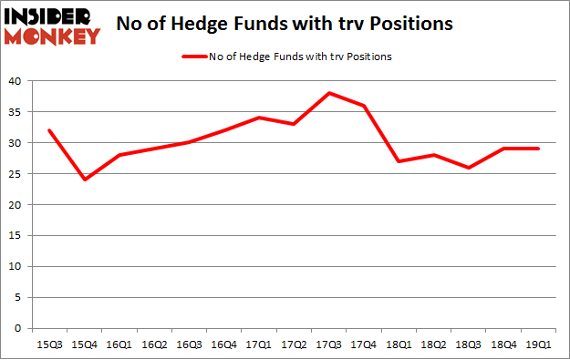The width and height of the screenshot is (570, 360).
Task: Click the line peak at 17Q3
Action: coord(328,93)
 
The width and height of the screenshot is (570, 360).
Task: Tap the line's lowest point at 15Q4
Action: coord(84,180)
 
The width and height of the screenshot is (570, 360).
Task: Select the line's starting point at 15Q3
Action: coord(49,129)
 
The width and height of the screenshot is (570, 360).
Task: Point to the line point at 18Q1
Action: coord(399,161)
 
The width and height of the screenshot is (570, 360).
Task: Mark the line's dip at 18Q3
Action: coord(468,168)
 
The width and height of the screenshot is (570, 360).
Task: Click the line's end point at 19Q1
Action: coord(538,149)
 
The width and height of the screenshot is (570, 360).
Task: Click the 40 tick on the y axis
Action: coord(18,81)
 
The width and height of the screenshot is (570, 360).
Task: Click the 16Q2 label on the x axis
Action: coord(154,345)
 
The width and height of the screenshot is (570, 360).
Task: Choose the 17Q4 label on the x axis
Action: coord(364,345)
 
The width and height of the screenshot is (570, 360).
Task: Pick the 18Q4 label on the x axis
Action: coord(503,345)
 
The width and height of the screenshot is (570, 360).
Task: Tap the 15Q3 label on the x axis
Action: coord(49,345)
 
